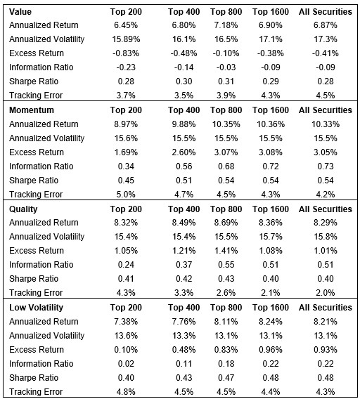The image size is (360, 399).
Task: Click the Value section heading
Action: click(20, 12)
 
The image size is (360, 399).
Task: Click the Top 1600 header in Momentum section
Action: click(270, 110)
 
